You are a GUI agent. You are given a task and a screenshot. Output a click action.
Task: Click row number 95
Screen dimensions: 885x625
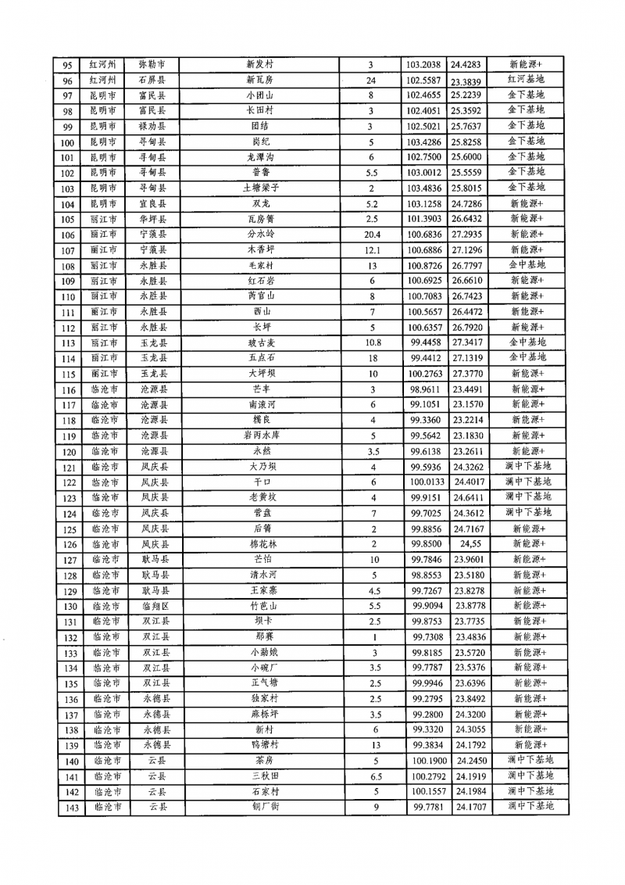point(68,66)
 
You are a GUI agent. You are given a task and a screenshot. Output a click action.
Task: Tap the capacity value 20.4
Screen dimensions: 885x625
point(372,235)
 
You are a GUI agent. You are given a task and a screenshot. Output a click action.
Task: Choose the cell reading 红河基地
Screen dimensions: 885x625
point(526,80)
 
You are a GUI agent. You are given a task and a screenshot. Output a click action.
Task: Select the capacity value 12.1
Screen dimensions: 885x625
point(372,250)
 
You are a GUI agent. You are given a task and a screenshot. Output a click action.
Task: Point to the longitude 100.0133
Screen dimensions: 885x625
point(427,482)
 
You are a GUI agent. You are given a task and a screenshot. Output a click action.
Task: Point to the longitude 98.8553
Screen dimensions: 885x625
point(427,575)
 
